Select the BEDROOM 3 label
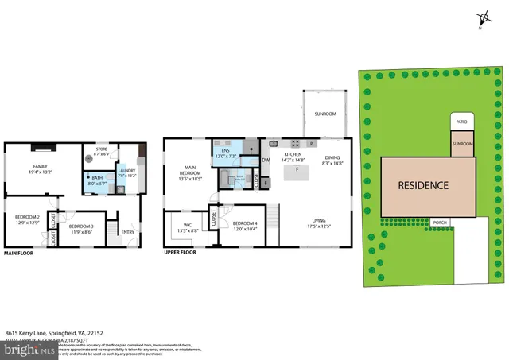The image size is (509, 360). [x=81, y=229]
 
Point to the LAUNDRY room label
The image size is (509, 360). [x=126, y=172]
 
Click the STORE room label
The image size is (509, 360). [x=101, y=151]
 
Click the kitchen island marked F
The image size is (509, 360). [x=297, y=170]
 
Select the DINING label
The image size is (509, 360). [x=332, y=160]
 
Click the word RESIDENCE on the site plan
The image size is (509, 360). [x=423, y=186]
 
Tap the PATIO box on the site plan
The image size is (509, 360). [x=461, y=122]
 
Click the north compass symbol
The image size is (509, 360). [x=483, y=19]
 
